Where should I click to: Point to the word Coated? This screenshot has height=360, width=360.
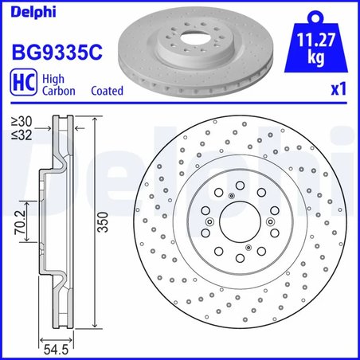click(x=108, y=91)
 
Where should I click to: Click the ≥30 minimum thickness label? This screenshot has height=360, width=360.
click(x=22, y=121)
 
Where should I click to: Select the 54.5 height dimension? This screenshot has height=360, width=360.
click(x=57, y=347)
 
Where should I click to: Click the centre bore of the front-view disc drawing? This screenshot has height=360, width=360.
click(x=240, y=225)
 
